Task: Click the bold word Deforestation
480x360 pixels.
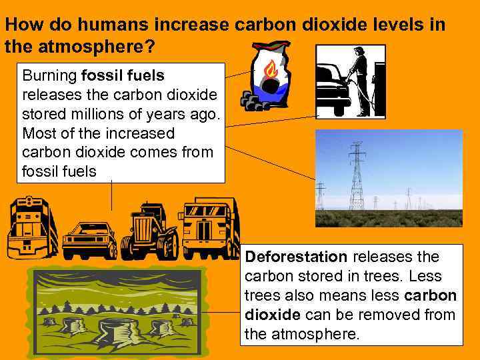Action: coord(297,257)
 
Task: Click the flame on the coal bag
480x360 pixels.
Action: coord(271,69)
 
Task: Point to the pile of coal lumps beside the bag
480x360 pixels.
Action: coord(253,101)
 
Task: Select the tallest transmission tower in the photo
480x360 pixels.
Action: coord(357,177)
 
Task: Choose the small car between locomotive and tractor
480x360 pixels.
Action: coord(89,239)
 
